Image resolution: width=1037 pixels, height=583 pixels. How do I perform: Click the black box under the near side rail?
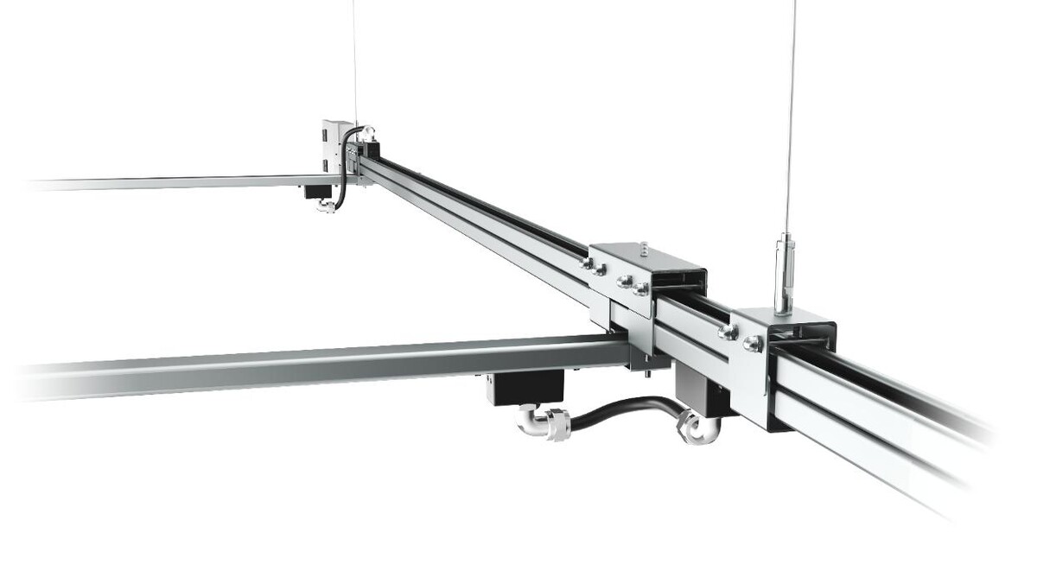[525, 386]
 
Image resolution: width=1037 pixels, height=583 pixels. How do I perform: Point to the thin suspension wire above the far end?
[355, 60]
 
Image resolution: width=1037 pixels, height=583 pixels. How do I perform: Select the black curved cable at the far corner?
[344, 168]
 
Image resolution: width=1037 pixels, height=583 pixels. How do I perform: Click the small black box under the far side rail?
[316, 189]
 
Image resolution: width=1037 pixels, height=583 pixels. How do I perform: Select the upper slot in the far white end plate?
[327, 136]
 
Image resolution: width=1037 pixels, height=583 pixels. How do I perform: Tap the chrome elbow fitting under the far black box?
[326, 206]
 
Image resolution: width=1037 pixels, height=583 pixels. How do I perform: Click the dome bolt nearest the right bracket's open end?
[752, 344]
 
